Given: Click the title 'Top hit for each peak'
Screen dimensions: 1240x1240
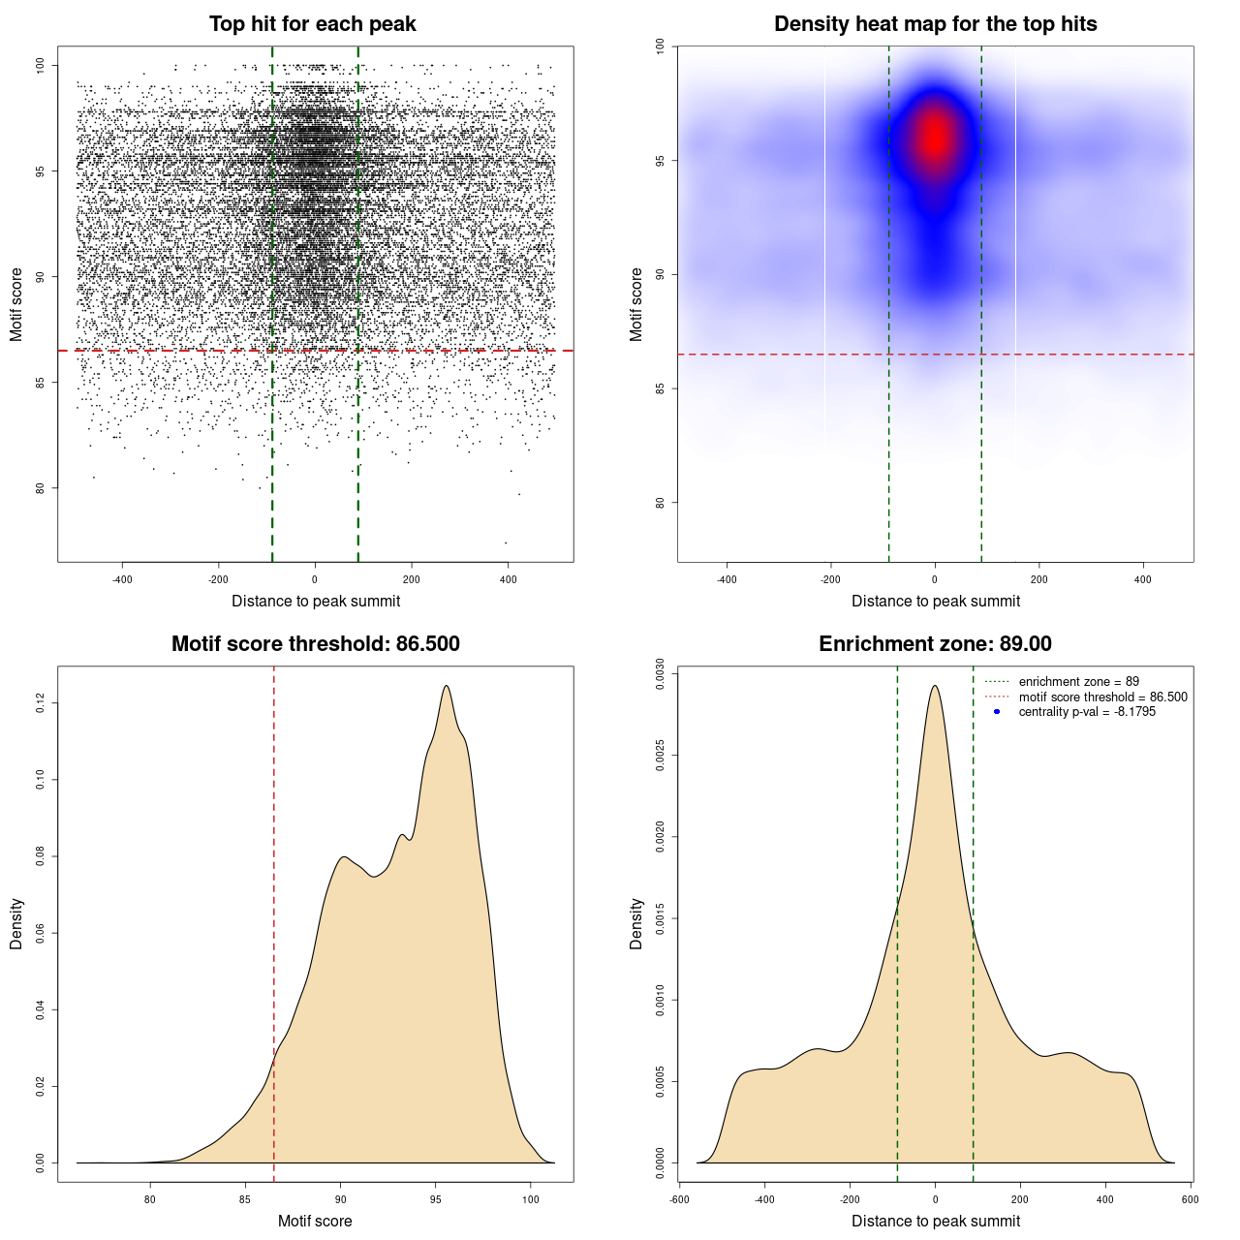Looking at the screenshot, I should (312, 24).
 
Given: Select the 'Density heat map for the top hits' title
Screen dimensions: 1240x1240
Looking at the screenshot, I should (935, 24).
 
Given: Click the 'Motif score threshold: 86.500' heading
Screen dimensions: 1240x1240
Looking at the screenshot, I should (315, 644).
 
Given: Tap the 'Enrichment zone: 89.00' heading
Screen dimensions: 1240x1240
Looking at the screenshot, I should (935, 644).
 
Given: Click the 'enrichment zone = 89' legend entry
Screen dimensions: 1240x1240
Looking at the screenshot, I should (1078, 682).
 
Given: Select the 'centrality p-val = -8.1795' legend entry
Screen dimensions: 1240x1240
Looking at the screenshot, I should (1087, 712).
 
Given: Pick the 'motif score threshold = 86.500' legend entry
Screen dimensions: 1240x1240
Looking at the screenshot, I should (1102, 697).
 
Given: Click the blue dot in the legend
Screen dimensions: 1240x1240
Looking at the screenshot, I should (997, 712).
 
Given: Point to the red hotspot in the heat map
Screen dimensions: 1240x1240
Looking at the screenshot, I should (935, 138).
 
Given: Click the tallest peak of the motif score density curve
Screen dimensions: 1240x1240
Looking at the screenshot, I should (447, 686).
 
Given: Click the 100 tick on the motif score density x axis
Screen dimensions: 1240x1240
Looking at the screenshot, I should (530, 1199).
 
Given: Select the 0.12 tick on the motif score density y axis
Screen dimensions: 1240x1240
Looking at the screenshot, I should (41, 702).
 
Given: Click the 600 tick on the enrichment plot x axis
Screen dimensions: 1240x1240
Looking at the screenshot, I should (1191, 1199).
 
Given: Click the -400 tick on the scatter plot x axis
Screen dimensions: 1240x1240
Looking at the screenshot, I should (122, 579).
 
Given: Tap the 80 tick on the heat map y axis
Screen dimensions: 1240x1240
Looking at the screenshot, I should (661, 503).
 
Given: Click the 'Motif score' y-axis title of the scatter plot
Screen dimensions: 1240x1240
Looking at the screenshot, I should (16, 304).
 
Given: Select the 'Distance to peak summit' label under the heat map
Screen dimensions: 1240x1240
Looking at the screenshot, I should (935, 602).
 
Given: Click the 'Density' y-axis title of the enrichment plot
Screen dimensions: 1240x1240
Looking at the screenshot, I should (636, 923).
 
